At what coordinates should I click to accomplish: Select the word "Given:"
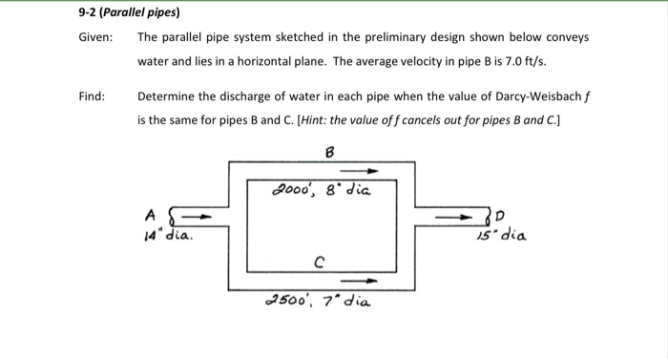(x=95, y=38)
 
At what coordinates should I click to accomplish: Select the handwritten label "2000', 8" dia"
(x=321, y=189)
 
